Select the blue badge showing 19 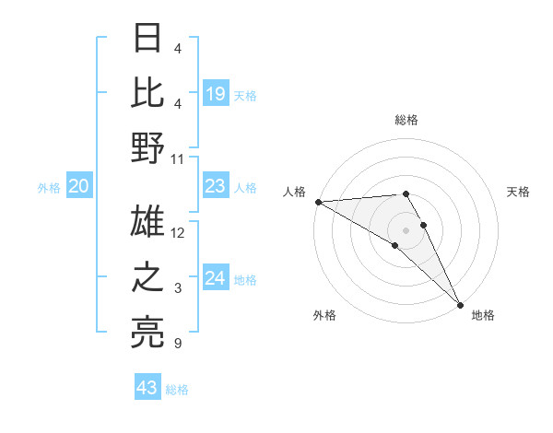pyautogui.click(x=216, y=93)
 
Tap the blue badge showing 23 pyautogui.click(x=216, y=187)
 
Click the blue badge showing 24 pyautogui.click(x=216, y=279)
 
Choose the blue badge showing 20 pyautogui.click(x=78, y=187)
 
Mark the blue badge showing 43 pyautogui.click(x=147, y=388)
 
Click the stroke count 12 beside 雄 pyautogui.click(x=178, y=233)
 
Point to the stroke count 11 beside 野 pyautogui.click(x=178, y=158)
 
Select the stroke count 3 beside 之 pyautogui.click(x=178, y=289)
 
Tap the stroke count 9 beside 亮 pyautogui.click(x=178, y=345)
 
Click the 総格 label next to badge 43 pyautogui.click(x=177, y=390)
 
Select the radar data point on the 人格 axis pyautogui.click(x=318, y=202)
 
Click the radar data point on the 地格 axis pyautogui.click(x=460, y=303)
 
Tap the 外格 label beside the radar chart pyautogui.click(x=324, y=315)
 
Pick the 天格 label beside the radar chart pyautogui.click(x=519, y=192)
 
